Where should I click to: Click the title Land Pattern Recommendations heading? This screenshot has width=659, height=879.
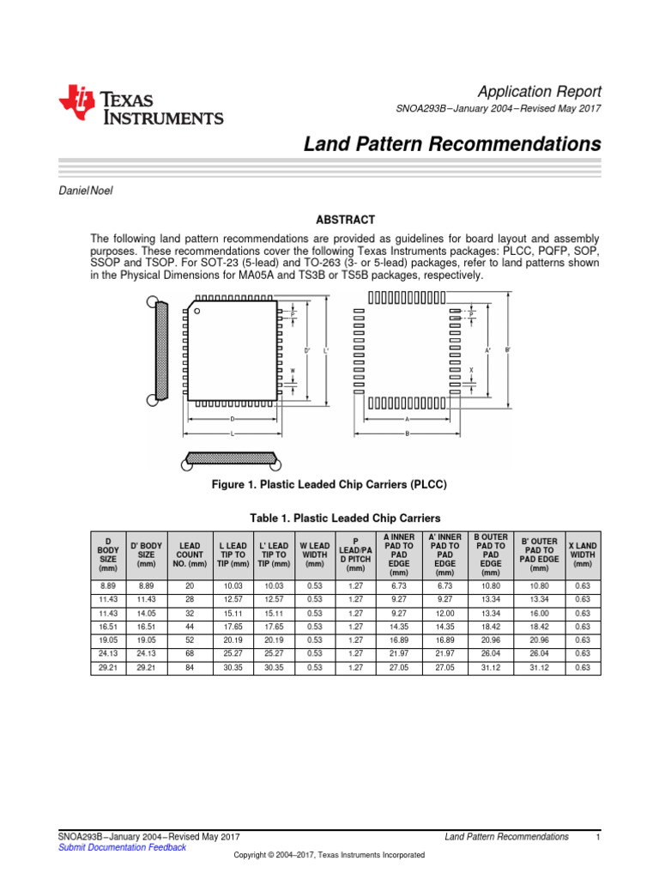pyautogui.click(x=452, y=144)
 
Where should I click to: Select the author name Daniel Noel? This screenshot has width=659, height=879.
pyautogui.click(x=85, y=191)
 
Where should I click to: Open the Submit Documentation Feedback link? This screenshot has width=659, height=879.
pyautogui.click(x=121, y=847)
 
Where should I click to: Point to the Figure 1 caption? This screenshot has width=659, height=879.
pyautogui.click(x=329, y=484)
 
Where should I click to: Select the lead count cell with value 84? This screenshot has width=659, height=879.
pyautogui.click(x=190, y=667)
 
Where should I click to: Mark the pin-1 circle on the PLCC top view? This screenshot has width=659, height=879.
pyautogui.click(x=197, y=308)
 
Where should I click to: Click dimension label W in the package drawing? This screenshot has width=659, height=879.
pyautogui.click(x=293, y=371)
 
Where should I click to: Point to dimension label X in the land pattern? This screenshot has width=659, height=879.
pyautogui.click(x=471, y=370)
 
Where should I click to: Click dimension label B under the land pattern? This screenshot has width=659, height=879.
pyautogui.click(x=407, y=434)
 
